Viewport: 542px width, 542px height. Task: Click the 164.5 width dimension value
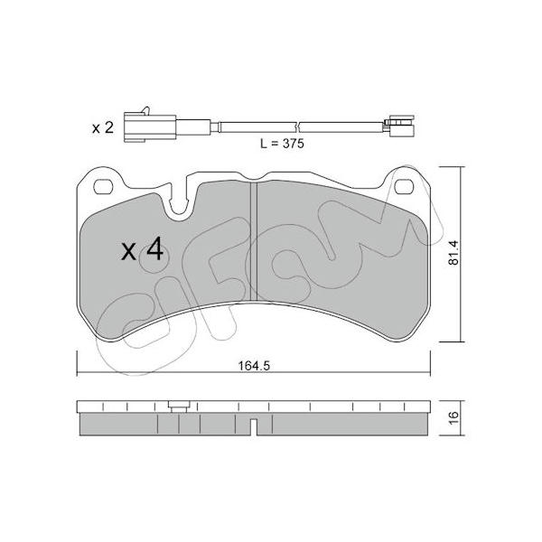254,365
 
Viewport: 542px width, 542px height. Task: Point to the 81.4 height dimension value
453,253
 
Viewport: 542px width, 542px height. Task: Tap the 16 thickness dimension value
454,417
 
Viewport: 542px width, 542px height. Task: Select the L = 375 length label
282,144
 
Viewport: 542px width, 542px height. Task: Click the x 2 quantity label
103,128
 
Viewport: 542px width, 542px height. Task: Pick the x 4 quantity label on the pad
142,249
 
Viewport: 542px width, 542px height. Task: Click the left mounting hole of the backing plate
103,187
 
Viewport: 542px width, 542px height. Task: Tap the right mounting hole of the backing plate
404,187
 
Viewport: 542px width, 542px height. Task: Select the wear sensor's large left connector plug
150,127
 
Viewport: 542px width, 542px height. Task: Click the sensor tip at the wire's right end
399,126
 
